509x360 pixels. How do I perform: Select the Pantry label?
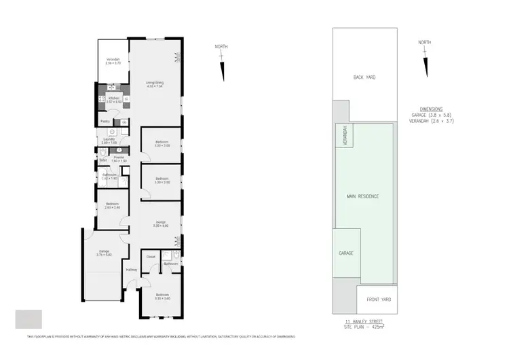pyautogui.click(x=105, y=122)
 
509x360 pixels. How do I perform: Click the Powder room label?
pyautogui.click(x=119, y=159)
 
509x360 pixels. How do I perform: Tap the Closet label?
pyautogui.click(x=151, y=257)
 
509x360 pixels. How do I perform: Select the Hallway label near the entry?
pyautogui.click(x=132, y=270)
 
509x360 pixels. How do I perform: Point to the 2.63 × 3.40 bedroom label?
pyautogui.click(x=112, y=206)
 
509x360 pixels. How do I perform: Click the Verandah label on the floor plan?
pyautogui.click(x=113, y=61)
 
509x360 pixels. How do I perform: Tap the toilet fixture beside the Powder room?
pyautogui.click(x=102, y=155)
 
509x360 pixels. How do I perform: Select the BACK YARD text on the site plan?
pyautogui.click(x=364, y=77)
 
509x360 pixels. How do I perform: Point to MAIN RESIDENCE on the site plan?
pyautogui.click(x=363, y=196)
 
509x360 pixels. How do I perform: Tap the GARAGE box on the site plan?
pyautogui.click(x=346, y=253)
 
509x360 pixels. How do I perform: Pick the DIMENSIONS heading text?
pyautogui.click(x=431, y=109)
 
